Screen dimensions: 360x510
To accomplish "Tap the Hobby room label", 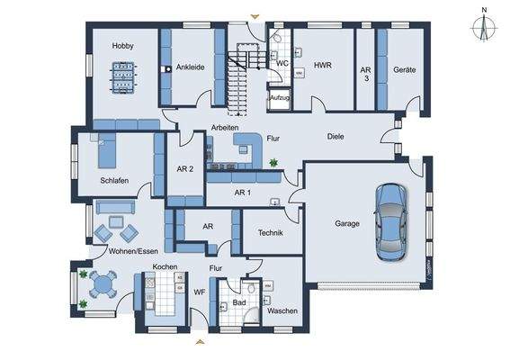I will pos(123,46).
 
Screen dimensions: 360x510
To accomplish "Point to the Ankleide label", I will pos(191,67).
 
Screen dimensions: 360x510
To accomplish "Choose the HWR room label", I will pos(324,65).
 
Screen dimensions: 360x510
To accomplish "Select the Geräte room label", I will pos(403,69).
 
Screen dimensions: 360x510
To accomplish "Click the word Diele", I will pos(336,137).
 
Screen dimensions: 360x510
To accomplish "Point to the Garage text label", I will pos(347,224).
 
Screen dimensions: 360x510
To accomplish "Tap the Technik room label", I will pos(271,233).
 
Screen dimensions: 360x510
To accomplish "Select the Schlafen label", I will pos(114,181).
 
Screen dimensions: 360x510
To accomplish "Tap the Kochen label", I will pos(164,268).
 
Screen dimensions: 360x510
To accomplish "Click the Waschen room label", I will pos(282,310).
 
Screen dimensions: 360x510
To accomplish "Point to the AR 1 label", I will pos(242,193).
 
